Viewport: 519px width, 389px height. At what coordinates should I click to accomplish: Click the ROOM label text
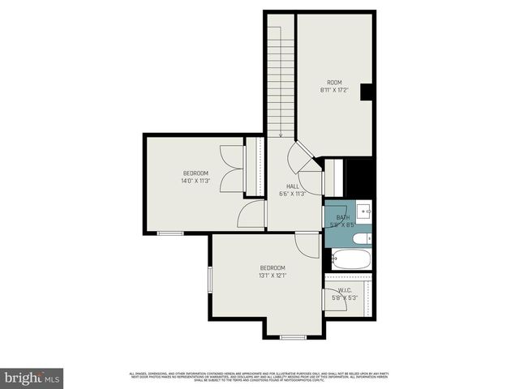(x=334, y=83)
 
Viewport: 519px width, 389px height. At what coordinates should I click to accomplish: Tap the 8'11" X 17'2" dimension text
(x=334, y=90)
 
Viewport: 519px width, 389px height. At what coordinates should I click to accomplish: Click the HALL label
(x=281, y=186)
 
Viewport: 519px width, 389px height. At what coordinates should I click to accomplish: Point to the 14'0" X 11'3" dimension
(x=195, y=181)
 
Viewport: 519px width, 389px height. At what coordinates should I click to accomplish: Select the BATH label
(x=343, y=217)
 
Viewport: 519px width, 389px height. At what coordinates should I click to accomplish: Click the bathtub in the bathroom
(x=351, y=260)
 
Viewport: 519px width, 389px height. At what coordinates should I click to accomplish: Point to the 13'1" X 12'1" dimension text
(x=272, y=276)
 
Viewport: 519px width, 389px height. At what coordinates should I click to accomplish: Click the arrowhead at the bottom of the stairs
(x=280, y=135)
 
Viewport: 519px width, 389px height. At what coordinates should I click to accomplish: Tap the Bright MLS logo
(x=32, y=378)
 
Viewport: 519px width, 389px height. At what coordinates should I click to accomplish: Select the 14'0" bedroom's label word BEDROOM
(x=195, y=173)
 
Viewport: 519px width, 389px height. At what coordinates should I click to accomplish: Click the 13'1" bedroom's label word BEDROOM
(x=272, y=268)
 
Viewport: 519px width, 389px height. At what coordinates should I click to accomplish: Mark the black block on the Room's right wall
(x=366, y=92)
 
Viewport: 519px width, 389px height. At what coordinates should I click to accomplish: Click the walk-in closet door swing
(x=334, y=298)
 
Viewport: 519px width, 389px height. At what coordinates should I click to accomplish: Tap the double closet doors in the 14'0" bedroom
(x=232, y=169)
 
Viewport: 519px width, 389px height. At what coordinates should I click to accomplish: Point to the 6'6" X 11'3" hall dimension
(x=292, y=194)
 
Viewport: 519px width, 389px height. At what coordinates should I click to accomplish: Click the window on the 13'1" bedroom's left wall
(x=209, y=280)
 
